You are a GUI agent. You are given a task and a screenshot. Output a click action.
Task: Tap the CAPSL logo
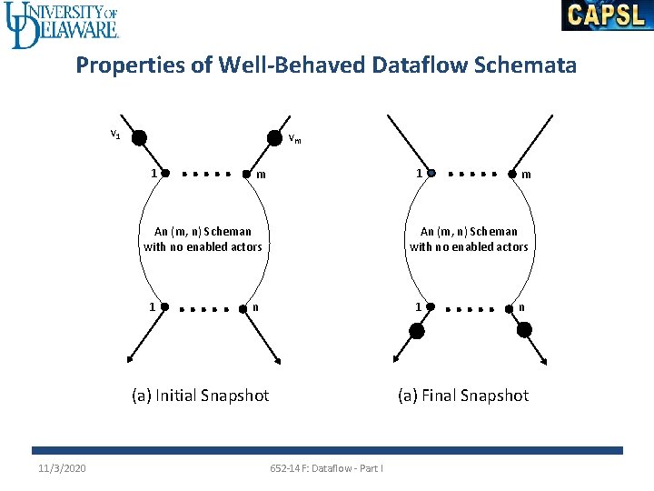click(607, 15)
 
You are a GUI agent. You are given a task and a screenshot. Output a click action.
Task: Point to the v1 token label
click(115, 135)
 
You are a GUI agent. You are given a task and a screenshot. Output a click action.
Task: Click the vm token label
click(294, 139)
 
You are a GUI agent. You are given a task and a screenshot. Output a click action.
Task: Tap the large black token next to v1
click(139, 138)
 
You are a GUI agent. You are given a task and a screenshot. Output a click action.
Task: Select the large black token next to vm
click(274, 138)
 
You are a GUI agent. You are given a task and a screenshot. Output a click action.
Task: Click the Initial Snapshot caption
click(201, 395)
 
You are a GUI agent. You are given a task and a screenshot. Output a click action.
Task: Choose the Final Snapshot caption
click(463, 395)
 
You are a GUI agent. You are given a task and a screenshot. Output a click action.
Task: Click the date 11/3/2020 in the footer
click(63, 467)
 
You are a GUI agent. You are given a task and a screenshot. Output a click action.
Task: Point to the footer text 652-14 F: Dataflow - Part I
click(327, 467)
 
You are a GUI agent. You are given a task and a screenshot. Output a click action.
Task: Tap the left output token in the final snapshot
click(416, 331)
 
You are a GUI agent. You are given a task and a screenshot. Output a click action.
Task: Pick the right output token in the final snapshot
click(524, 330)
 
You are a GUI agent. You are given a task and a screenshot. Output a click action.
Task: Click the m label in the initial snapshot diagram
click(262, 174)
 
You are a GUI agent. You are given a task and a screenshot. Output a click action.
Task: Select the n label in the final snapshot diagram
click(521, 306)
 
